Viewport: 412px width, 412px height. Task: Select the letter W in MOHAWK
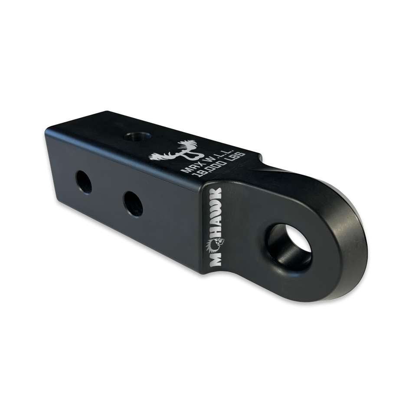tap(216, 207)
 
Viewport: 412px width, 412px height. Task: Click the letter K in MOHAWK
tap(216, 194)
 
